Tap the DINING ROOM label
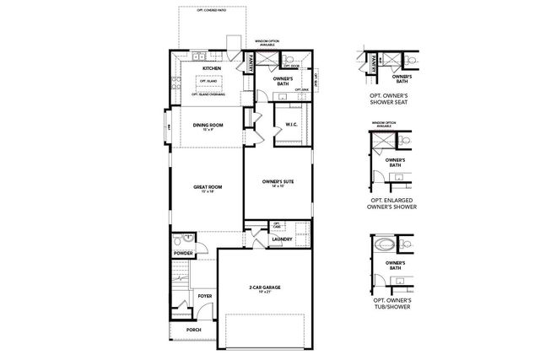point(207,126)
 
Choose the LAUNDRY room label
point(282,239)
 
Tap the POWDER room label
point(182,253)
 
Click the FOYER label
point(205,296)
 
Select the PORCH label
point(194,330)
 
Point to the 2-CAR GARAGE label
point(266,288)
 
